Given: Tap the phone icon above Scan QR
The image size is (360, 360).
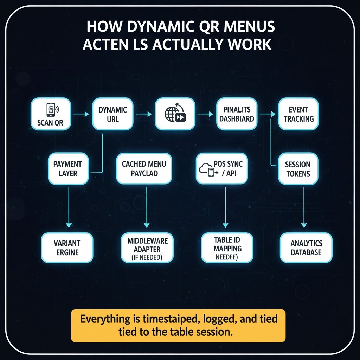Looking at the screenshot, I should (x=50, y=109).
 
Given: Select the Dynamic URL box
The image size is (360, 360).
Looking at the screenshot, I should (x=113, y=114).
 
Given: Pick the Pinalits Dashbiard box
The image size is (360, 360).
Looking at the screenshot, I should (x=236, y=114).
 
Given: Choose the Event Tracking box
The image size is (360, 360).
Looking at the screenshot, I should (x=298, y=114).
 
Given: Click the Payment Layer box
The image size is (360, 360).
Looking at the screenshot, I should (x=67, y=168).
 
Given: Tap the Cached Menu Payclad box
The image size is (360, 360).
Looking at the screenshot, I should (x=144, y=168).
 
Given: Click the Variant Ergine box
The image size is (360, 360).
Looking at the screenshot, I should (x=67, y=247).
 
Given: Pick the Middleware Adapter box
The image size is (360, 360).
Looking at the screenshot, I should (x=148, y=247).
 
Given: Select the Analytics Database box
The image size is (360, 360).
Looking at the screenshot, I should (x=306, y=247).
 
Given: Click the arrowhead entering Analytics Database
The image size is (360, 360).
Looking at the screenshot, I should (x=304, y=225).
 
